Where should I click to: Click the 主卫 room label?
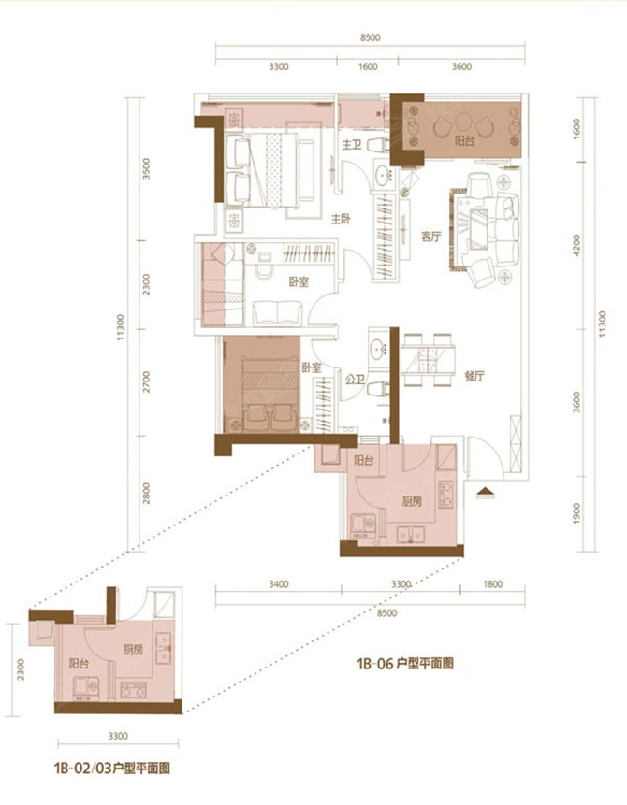point(351,145)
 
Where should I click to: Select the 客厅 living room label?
point(430,237)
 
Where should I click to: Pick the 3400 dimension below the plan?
point(277,584)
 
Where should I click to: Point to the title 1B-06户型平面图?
point(404,665)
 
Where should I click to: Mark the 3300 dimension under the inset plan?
point(116,735)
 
